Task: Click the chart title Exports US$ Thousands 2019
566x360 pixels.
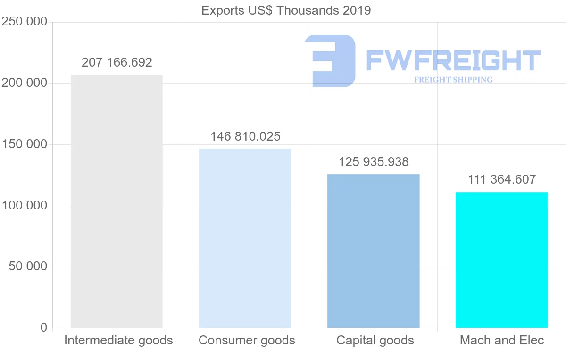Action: pos(286,10)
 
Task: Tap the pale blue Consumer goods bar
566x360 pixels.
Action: pos(245,238)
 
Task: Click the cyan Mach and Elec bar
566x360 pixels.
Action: pos(501,260)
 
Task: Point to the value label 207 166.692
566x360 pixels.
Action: pos(117,62)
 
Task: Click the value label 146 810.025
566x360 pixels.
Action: pos(245,137)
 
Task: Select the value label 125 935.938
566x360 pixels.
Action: pos(374,162)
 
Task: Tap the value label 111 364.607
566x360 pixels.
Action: pos(502,180)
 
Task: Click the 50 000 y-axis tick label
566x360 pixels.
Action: pos(28,267)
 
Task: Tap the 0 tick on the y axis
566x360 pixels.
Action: pos(44,327)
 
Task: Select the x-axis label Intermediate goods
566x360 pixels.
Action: pos(118,340)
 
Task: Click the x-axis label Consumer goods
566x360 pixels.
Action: pos(247,340)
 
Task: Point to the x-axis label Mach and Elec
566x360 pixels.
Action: pos(502,340)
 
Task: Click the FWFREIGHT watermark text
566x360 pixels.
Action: pos(453,60)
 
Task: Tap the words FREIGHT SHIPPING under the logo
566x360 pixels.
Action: pos(453,80)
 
